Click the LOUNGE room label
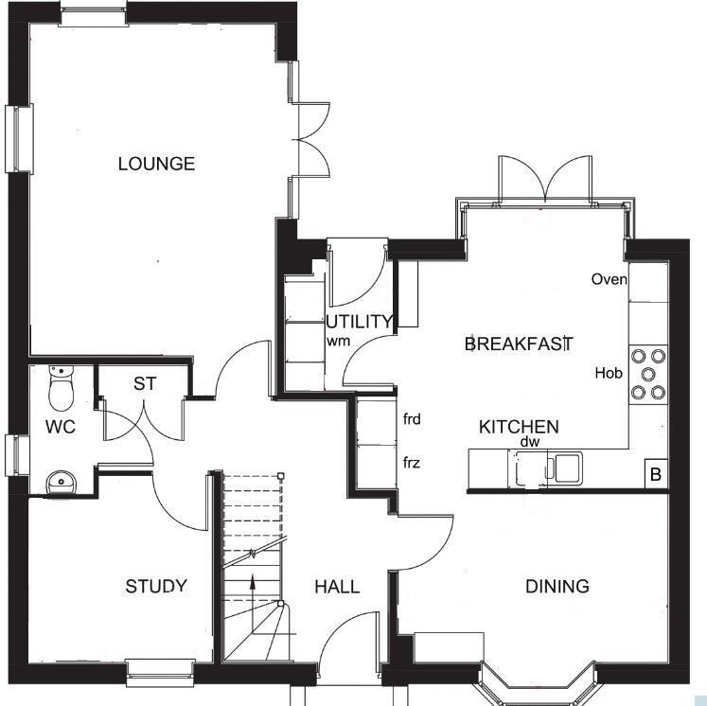pos(156,163)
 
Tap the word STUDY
pos(156,586)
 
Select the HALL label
pos(337,587)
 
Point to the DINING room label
pos(557,586)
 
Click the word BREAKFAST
pos(519,344)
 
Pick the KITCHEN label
pos(519,427)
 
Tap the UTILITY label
pos(359,322)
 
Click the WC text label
pos(61,427)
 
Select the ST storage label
pos(145,383)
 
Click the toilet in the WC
pos(61,387)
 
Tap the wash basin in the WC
pos(62,483)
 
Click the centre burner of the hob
pos(648,374)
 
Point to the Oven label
pos(610,279)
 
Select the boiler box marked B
pos(656,474)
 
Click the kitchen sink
pos(545,468)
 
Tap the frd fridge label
pos(412,419)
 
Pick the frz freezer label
pos(411,463)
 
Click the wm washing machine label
pos(338,342)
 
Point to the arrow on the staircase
pos(253,589)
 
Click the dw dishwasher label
pos(530,442)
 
